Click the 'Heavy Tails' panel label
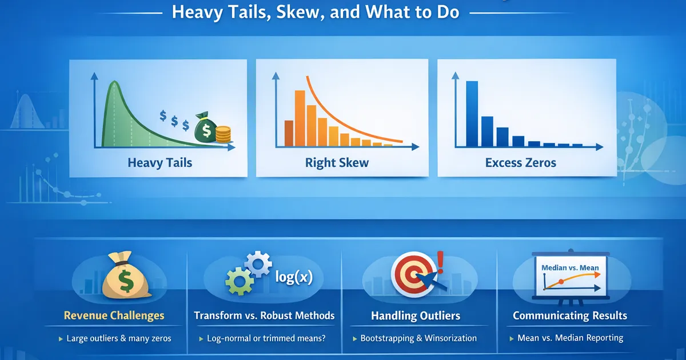160,162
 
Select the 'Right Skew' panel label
337,162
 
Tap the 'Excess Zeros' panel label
521,162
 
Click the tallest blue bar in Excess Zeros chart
472,114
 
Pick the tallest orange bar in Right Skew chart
300,118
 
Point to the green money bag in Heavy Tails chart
205,127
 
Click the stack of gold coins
224,134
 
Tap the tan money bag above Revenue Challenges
126,275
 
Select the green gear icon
239,281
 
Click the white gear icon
258,264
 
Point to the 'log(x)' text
294,277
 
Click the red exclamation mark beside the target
440,262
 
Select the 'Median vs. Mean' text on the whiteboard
570,268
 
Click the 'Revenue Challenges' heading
114,315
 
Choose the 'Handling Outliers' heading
416,315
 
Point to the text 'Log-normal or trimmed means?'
266,338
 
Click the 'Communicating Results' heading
570,315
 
